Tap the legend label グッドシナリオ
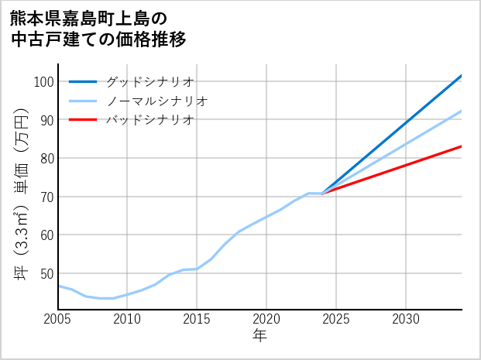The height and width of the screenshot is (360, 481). pos(149,81)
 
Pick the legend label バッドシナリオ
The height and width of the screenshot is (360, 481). pos(149,120)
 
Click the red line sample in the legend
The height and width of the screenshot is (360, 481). pos(83,120)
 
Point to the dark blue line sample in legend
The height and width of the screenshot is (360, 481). pos(83,81)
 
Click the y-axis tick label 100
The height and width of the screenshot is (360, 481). pos(43,82)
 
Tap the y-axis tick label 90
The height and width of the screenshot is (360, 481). pos(46,120)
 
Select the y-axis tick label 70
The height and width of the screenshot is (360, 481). pos(46,197)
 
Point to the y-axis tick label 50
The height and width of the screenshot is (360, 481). pos(46,273)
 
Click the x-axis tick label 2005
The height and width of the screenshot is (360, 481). pos(58,319)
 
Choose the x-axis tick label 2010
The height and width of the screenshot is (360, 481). pos(127,319)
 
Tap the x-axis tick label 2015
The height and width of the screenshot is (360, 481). pos(197,319)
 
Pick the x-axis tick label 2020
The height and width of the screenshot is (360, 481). pos(266,319)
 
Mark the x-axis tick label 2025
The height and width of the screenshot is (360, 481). pos(336,319)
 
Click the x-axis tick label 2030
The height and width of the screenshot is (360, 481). pos(406,319)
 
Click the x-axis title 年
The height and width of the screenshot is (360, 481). pos(260,336)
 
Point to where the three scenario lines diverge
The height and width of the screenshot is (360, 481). pos(322,193)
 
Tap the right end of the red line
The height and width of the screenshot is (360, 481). pos(462,146)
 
